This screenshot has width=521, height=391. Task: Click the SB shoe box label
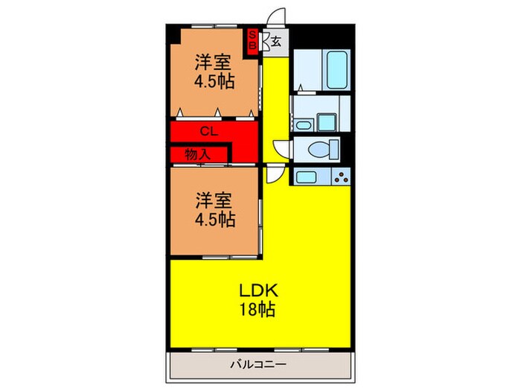click(x=252, y=40)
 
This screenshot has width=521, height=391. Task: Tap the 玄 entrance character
click(x=275, y=42)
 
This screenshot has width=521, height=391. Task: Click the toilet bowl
click(x=319, y=150)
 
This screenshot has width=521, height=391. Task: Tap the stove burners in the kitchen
click(x=342, y=177)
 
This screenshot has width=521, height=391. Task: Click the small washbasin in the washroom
click(x=325, y=121)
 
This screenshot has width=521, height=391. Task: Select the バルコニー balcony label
click(x=257, y=364)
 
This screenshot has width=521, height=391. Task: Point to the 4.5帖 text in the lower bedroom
click(x=216, y=220)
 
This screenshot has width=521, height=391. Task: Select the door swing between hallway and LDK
click(x=275, y=174)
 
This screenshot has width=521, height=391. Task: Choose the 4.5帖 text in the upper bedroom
click(x=214, y=82)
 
